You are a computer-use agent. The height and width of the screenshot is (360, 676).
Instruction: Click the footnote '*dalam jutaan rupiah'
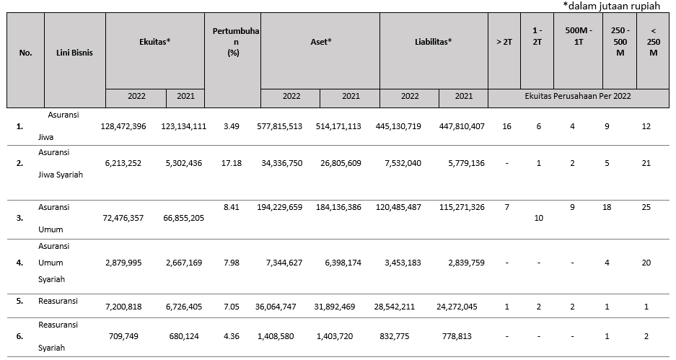(611, 6)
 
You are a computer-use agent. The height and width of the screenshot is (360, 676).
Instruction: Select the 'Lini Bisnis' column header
(74, 53)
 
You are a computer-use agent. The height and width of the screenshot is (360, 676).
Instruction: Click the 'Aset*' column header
(321, 42)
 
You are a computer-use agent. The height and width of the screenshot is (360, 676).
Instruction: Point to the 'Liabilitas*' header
(434, 42)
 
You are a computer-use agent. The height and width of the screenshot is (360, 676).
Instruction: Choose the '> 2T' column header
(504, 42)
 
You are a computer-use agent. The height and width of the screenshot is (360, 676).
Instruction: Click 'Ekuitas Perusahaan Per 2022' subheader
(578, 96)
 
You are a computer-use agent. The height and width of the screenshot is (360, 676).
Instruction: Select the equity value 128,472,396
(123, 126)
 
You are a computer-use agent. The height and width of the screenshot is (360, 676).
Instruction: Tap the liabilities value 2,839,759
(462, 263)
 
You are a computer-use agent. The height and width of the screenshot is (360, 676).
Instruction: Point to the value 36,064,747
(276, 307)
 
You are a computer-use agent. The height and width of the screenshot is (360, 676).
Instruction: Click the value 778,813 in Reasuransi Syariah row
(457, 336)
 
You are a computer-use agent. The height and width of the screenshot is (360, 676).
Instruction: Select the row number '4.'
(19, 263)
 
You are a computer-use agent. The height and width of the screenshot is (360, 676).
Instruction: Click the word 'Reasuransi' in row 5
(58, 301)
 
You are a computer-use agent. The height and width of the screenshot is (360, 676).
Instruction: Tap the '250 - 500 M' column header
(620, 42)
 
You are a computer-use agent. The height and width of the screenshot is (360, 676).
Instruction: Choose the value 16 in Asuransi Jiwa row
(506, 126)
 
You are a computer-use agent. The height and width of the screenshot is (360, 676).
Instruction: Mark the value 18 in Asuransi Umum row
(607, 207)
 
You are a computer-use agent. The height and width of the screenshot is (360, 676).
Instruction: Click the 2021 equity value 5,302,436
(184, 163)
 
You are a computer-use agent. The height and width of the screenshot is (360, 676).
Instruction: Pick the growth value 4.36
(232, 336)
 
